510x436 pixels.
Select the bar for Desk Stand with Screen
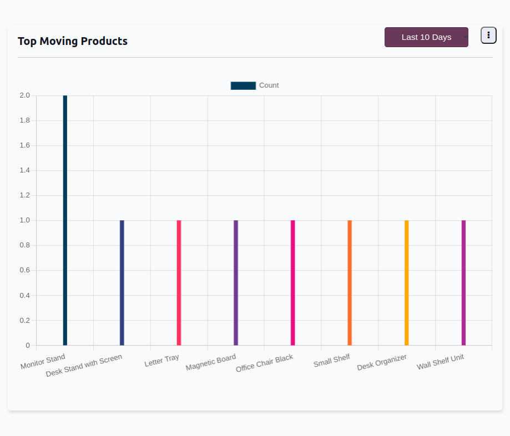coord(122,282)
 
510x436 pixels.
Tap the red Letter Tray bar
coord(179,282)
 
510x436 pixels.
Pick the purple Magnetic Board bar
coord(236,282)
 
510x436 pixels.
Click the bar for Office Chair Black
coord(292,282)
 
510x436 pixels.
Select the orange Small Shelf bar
coord(350,282)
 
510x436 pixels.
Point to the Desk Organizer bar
coord(406,282)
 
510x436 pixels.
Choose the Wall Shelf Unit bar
coord(463,282)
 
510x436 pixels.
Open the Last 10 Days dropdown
coord(426,37)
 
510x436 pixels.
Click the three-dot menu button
coord(488,35)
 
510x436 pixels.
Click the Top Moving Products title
coord(73,41)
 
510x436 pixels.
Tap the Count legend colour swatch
coord(243,85)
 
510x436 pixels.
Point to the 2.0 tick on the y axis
coord(24,95)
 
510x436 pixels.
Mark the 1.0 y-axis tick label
coord(24,220)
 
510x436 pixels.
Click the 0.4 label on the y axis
coord(24,296)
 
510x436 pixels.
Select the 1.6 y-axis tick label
coord(24,145)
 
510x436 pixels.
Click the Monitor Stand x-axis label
coord(43,362)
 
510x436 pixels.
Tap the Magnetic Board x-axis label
coord(211,363)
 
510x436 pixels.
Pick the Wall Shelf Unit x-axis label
coord(440,362)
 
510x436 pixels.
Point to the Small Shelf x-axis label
coord(331,361)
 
